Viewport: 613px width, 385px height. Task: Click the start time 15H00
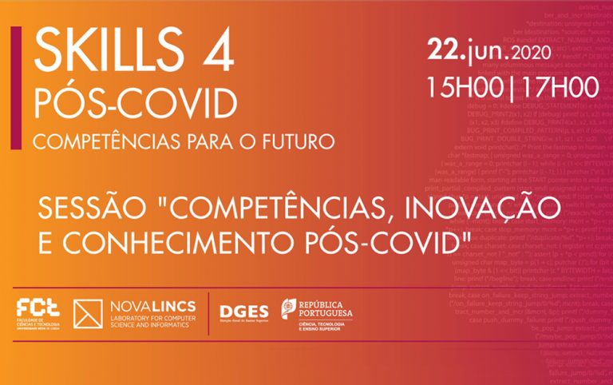(463, 84)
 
